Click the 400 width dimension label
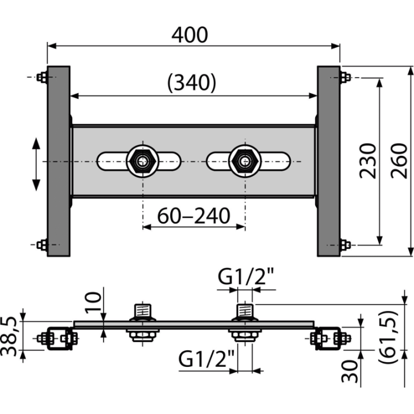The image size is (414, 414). point(190,35)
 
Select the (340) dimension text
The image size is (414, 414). point(191,83)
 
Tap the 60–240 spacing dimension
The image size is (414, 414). point(194,216)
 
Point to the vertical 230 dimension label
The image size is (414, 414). point(368,161)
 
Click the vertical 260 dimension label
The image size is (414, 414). point(399,161)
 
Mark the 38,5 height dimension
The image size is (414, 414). point(9,336)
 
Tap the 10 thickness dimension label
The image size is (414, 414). point(93,302)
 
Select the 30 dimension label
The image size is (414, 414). point(350,371)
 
